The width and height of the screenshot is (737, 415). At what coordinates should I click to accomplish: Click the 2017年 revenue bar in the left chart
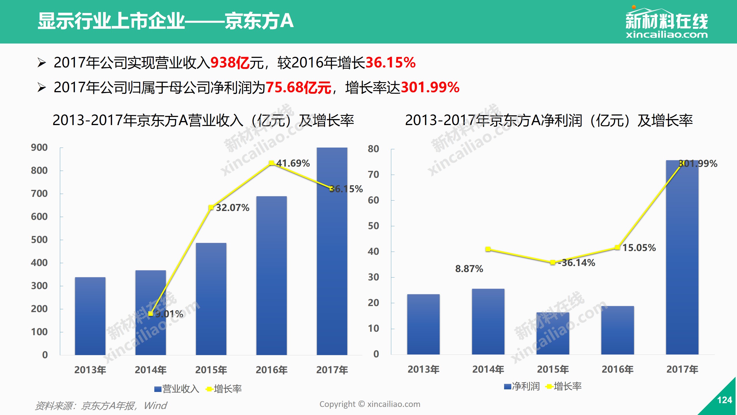coord(332,251)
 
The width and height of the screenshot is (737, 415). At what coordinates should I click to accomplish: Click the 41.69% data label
coord(293,163)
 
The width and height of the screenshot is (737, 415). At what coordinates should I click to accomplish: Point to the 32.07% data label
coord(233,208)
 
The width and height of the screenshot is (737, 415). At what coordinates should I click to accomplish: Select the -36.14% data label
coord(576,263)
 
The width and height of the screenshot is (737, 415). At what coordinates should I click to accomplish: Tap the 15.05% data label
coord(639,248)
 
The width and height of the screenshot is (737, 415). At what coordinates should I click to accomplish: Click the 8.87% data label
coord(469,269)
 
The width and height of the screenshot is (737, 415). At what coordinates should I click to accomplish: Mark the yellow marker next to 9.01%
coord(151,314)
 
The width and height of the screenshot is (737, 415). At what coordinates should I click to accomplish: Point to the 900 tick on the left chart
coord(39,148)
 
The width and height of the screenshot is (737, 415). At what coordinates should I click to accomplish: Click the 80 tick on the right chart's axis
coord(373,149)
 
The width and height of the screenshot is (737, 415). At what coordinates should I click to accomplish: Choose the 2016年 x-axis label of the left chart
coord(271,370)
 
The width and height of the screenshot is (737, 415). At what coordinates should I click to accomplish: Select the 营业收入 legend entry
coord(177,389)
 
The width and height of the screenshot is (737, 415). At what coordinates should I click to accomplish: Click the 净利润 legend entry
coord(522,386)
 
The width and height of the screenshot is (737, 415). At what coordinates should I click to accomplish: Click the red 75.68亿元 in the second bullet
coord(298,88)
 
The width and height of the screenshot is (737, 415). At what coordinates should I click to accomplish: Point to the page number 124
coord(724,400)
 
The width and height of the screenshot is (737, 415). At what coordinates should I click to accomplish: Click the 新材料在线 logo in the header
coord(666,23)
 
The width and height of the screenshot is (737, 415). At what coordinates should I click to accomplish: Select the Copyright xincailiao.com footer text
coord(370,404)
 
